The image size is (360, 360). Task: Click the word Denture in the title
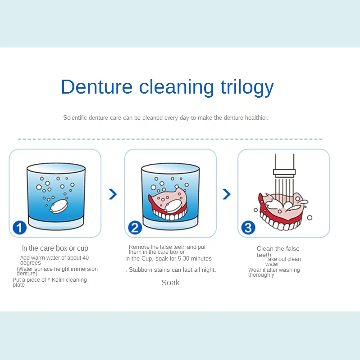coord(97,87)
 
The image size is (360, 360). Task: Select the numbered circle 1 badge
coord(19,227)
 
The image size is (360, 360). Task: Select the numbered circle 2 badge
coord(135,227)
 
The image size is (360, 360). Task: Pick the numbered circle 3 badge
coord(248,227)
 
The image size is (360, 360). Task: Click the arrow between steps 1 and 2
coord(113,194)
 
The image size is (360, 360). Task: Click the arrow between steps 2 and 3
coord(227,194)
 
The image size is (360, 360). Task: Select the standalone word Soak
coord(170,283)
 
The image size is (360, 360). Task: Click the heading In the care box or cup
coord(55,248)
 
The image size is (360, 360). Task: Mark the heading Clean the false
coord(278,249)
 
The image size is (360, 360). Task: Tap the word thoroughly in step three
coord(261,275)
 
